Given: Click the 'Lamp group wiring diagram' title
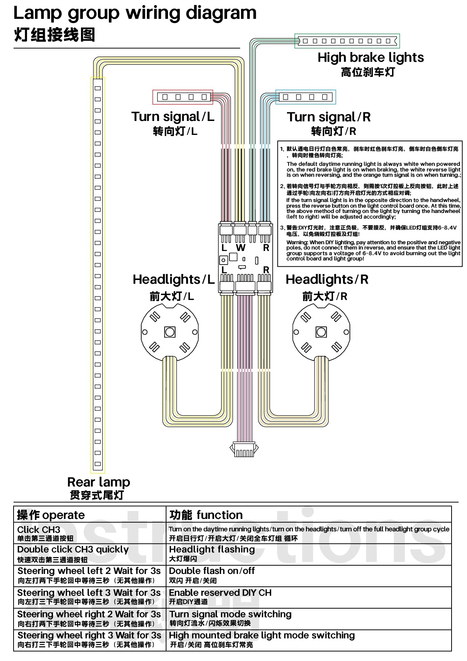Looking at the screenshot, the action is pos(135,13).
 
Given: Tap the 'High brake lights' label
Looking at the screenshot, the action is pos(371,57).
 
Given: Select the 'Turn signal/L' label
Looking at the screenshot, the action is pos(173,116).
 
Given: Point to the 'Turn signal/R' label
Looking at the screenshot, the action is pos(329,117).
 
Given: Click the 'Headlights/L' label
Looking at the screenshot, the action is pos(174,279).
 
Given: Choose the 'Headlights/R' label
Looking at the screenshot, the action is pos(327,279).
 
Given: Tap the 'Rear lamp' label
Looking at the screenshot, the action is pos(99,482).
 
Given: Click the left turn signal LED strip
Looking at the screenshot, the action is pos(183,97).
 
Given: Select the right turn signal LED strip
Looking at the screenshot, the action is pos(306,97).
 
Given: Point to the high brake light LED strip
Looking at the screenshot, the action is pos(347,41).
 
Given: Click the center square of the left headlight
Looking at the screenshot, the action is pos(170,332).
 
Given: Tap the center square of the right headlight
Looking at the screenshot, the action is pos(321,332).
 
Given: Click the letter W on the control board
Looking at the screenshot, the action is pos(240,248).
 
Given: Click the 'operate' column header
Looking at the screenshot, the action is pos(51,515).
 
